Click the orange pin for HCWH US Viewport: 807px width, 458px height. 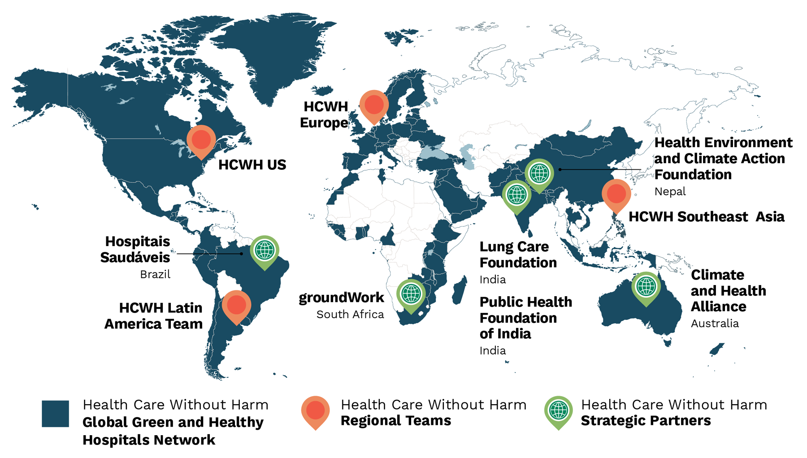(x=201, y=141)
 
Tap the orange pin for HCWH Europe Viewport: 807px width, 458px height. (x=374, y=106)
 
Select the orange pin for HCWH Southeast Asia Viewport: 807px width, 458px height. (x=616, y=194)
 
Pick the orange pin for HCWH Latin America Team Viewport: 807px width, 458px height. (x=236, y=306)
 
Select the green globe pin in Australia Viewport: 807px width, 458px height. (x=646, y=287)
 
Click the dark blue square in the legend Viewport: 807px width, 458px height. (x=55, y=414)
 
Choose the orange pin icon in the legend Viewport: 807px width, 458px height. (x=315, y=411)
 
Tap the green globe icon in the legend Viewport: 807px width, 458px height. (x=558, y=411)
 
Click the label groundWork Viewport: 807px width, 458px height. (x=341, y=298)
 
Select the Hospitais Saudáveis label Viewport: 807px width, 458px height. (x=135, y=249)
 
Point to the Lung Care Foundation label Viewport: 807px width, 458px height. (x=518, y=255)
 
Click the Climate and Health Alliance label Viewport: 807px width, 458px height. (x=728, y=290)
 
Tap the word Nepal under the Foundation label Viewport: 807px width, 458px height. (x=670, y=192)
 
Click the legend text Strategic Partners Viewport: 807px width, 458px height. (x=646, y=421)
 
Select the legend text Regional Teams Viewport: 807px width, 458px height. (x=395, y=421)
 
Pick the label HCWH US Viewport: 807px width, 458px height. (x=252, y=165)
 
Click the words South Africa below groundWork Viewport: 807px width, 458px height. (x=350, y=315)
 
